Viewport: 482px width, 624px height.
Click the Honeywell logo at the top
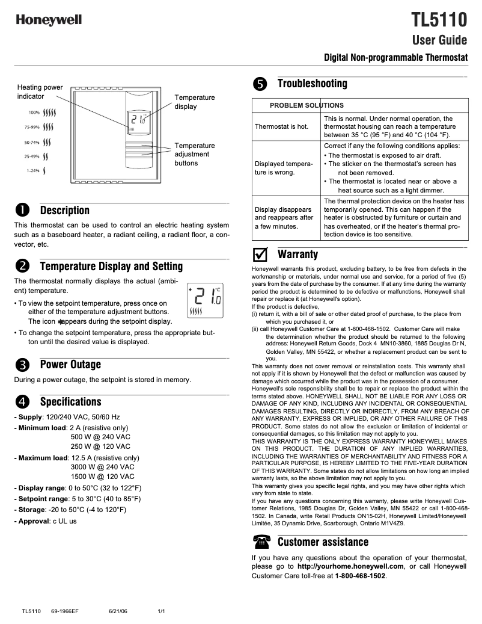(x=49, y=20)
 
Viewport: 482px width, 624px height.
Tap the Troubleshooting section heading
(x=312, y=84)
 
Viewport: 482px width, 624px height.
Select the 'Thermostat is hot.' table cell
(x=281, y=127)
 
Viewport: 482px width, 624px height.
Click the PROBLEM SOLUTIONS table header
(x=307, y=105)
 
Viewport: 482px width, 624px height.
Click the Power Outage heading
(x=70, y=364)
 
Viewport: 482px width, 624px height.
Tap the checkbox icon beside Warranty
(x=260, y=254)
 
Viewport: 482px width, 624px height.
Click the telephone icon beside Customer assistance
(x=261, y=542)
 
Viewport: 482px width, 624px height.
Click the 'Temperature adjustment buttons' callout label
(x=194, y=154)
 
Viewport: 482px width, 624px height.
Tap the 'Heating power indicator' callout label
(x=40, y=91)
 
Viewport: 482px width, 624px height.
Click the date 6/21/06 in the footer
(x=118, y=611)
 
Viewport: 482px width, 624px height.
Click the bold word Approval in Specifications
(x=33, y=521)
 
